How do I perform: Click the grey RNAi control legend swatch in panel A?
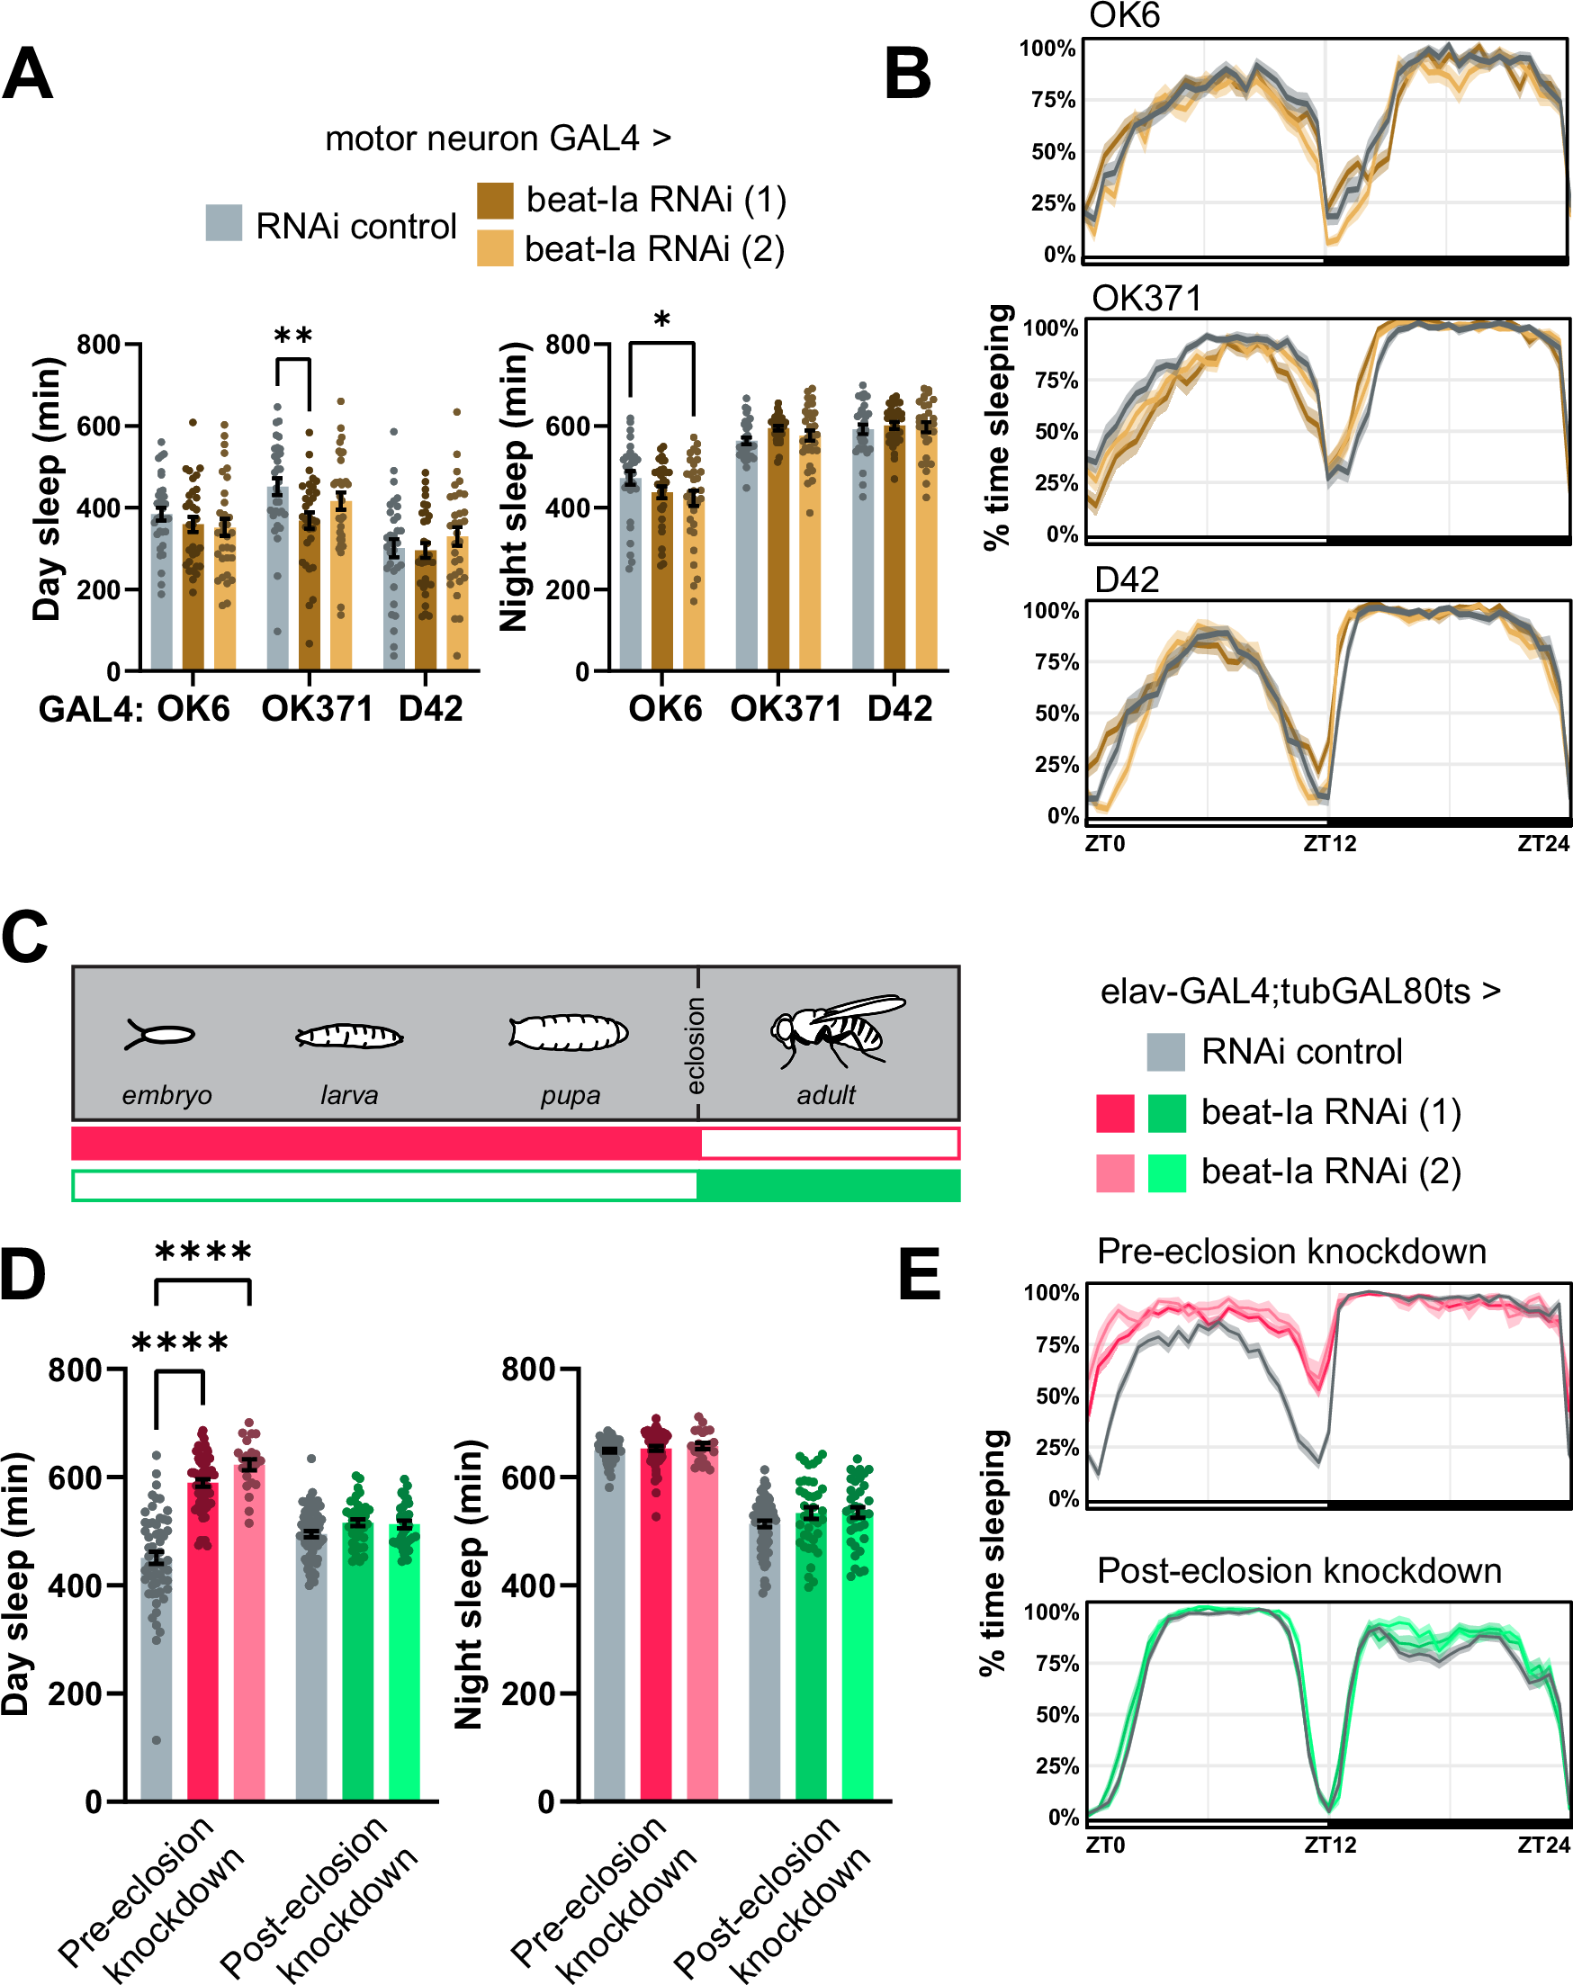(x=224, y=223)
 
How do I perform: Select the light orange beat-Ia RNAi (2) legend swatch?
(x=495, y=248)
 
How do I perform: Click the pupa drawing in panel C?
(x=568, y=1033)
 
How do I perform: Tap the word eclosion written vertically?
(x=696, y=1046)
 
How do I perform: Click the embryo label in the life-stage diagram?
(x=166, y=1096)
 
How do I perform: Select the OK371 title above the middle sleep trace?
(x=1146, y=299)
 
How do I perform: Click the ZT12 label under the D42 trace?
(x=1329, y=843)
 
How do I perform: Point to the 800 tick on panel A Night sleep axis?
(x=567, y=345)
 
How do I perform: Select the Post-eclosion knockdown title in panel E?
(x=1299, y=1571)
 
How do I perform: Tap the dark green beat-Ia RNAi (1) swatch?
(x=1167, y=1113)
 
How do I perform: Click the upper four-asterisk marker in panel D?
(x=202, y=1253)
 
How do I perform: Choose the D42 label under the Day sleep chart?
(x=430, y=709)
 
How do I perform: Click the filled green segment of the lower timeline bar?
(x=828, y=1186)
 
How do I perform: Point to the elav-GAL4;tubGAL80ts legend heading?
(x=1299, y=992)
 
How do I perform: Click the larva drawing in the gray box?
(x=349, y=1037)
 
